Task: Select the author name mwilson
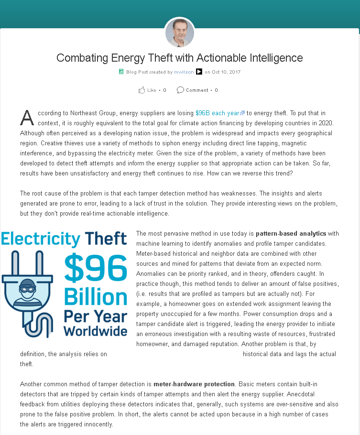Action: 184,72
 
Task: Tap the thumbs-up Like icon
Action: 142,90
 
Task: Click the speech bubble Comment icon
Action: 180,90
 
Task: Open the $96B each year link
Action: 218,113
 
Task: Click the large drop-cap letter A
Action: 27,117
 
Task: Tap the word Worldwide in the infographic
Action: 96,331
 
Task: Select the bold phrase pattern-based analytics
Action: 291,234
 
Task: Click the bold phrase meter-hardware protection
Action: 194,384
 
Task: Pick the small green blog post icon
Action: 121,72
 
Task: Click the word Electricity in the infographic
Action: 41,239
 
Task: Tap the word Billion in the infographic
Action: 96,297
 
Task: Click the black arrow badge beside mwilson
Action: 199,72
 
